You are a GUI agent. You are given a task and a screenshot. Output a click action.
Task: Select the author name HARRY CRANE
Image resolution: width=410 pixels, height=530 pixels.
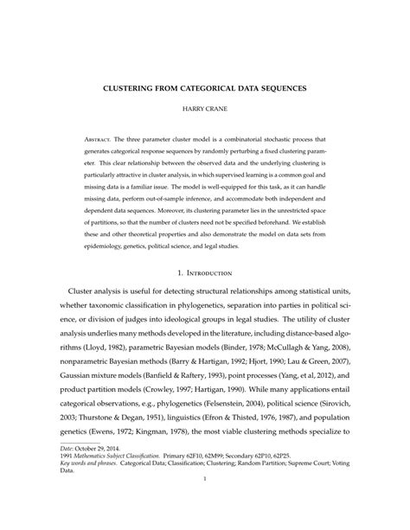coord(205,111)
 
